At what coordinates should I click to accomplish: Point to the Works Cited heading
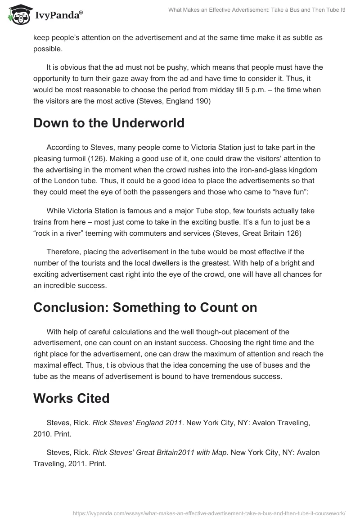click(71, 398)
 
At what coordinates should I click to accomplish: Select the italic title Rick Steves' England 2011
click(138, 423)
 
